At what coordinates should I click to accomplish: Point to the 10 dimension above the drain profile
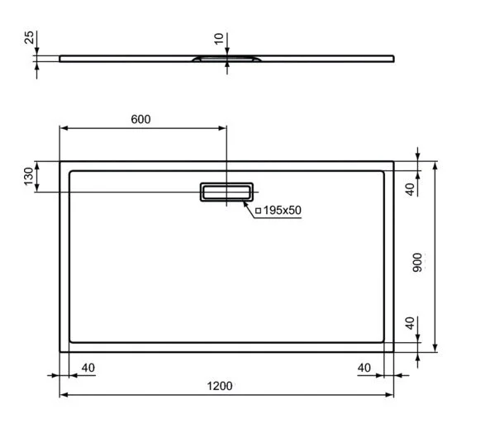217,39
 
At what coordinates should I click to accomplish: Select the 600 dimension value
141,119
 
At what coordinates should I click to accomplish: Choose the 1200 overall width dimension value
219,386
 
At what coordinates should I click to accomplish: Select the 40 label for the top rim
408,189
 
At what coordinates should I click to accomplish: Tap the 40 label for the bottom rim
408,323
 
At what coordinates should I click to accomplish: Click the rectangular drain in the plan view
226,192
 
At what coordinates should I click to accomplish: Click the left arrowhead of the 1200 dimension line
64,395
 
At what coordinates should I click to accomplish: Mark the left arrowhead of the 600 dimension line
64,128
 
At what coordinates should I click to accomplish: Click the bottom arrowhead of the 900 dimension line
435,347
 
